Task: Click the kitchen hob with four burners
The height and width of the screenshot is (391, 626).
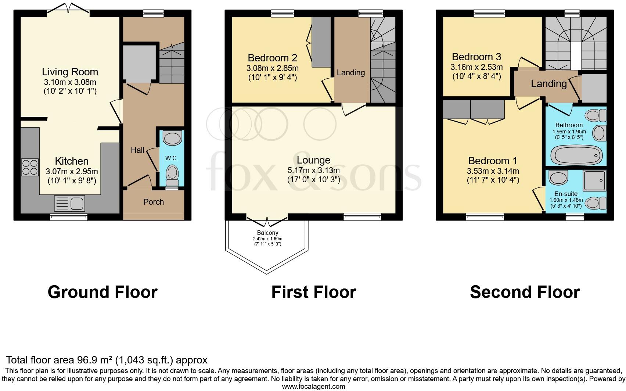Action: pos(30,167)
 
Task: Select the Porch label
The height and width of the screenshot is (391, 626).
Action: pos(154,202)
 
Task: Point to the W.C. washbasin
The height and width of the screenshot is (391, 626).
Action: pos(172,139)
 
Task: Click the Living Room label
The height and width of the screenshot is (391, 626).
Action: pos(70,72)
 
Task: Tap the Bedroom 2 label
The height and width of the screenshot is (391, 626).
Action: pos(272,58)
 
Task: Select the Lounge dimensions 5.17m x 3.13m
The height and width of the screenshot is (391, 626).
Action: pos(313,171)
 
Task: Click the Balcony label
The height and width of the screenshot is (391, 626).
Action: pos(267,233)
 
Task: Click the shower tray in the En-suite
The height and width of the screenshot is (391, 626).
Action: pos(594,180)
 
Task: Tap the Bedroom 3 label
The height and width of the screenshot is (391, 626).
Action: pos(476,57)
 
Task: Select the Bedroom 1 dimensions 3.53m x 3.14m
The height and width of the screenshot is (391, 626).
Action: pos(493,171)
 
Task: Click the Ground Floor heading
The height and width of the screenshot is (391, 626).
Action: pos(102,292)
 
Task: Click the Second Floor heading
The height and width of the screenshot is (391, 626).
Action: pos(525,292)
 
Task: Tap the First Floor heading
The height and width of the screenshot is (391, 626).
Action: pos(313,292)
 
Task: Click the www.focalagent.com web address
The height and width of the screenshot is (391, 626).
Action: pos(313,386)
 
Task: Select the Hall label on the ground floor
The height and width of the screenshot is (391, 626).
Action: pos(138,150)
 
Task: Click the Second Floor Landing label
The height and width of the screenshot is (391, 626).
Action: pos(548,84)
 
